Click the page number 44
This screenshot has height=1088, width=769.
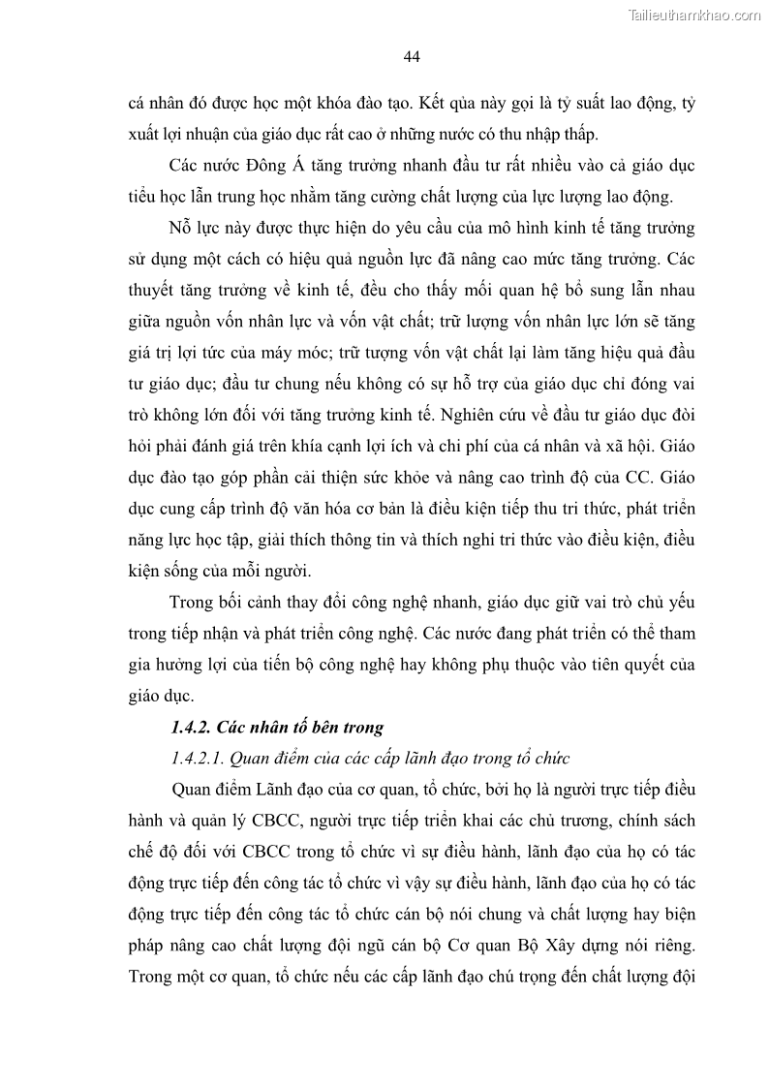pyautogui.click(x=411, y=57)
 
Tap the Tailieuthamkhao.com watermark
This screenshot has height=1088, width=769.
pyautogui.click(x=695, y=15)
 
